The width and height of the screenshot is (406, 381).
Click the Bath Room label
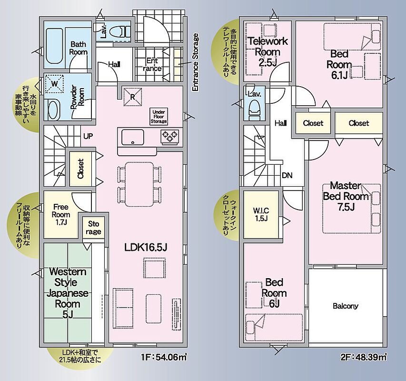[78, 48]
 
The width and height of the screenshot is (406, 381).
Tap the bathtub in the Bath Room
[54, 46]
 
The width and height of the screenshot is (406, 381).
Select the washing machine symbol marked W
[54, 84]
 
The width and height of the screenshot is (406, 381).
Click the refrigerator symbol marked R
[133, 97]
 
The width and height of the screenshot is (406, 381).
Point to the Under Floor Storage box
[158, 117]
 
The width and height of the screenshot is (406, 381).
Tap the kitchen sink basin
[133, 137]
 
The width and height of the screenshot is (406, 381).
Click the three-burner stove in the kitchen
[170, 137]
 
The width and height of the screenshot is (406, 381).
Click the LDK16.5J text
[146, 247]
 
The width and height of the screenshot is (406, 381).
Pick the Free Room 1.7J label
[61, 214]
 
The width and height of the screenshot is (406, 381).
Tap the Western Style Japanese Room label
[67, 293]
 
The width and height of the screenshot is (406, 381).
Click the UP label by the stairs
[88, 136]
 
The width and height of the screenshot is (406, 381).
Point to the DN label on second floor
[287, 175]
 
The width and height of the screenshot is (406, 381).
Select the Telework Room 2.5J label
[268, 51]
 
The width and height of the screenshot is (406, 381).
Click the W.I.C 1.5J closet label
[261, 214]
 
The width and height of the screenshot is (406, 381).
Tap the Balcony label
[346, 306]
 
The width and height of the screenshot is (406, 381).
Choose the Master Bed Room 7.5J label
[346, 196]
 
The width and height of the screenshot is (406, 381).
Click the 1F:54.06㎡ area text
[164, 358]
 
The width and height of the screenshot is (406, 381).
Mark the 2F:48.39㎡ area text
[364, 358]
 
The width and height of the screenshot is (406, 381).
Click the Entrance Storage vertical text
[195, 62]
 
